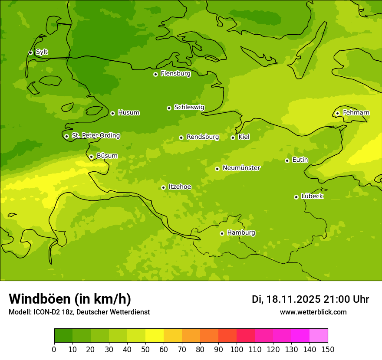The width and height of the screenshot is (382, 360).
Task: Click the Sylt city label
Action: point(42,52)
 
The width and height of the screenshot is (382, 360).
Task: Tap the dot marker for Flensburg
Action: point(155,74)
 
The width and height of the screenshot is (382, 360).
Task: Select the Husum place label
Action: point(128,113)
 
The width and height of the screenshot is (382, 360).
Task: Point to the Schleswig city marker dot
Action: point(169,108)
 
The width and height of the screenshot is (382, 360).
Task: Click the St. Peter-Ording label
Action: point(95,136)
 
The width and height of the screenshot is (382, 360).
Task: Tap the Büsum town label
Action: point(107,156)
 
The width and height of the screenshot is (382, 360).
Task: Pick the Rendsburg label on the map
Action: point(203,137)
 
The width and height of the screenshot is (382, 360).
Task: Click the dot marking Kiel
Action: point(233,137)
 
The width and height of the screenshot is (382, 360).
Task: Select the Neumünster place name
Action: point(241,168)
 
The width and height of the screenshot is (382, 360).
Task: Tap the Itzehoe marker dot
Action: point(163,187)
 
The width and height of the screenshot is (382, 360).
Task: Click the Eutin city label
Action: point(300,160)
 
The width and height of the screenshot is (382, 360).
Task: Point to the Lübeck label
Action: point(312,196)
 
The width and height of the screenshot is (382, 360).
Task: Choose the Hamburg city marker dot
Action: point(222,233)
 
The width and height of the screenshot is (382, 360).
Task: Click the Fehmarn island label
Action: point(356,113)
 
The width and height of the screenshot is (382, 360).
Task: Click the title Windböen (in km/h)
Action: point(70,299)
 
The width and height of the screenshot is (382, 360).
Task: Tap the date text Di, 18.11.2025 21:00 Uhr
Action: point(310,299)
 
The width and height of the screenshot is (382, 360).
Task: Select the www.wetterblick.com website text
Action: point(313,312)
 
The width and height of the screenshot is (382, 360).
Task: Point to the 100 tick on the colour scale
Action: point(237,349)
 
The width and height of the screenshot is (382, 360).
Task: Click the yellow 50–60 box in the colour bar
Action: point(155,335)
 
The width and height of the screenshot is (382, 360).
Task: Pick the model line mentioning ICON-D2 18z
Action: point(79,312)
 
